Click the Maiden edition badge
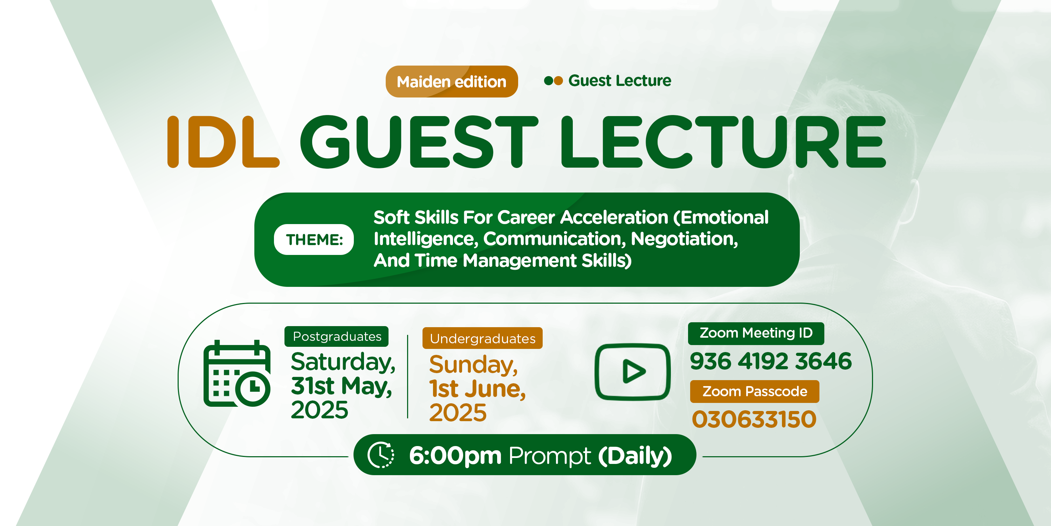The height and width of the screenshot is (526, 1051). click(x=452, y=81)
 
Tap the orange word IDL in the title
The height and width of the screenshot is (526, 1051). click(x=223, y=142)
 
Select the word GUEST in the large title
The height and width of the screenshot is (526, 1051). click(x=419, y=142)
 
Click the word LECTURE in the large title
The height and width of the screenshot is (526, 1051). click(x=723, y=142)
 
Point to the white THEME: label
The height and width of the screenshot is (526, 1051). click(x=314, y=239)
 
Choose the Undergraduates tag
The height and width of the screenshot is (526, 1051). click(x=482, y=338)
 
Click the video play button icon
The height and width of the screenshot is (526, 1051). click(x=633, y=372)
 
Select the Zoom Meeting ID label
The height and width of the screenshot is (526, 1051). click(x=756, y=333)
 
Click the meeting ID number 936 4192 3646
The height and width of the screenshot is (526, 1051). click(x=771, y=361)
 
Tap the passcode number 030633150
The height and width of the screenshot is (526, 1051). click(x=754, y=419)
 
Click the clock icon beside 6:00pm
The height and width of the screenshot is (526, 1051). click(x=381, y=454)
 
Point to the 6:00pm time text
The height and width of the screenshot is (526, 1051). click(x=455, y=456)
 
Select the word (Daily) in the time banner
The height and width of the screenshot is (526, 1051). click(x=635, y=456)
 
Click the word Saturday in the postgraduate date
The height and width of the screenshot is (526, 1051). click(x=343, y=362)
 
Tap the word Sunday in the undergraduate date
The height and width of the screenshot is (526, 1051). click(x=473, y=364)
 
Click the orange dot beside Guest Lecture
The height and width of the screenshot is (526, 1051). click(x=558, y=80)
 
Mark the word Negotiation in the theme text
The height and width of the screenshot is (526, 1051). click(x=684, y=238)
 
